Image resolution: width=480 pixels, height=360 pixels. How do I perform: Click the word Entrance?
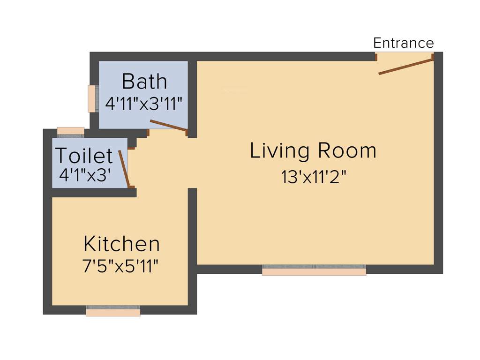pos(403,43)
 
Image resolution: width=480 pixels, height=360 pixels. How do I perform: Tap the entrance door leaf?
pos(405,67)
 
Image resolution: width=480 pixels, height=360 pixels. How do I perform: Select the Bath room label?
pos(144,82)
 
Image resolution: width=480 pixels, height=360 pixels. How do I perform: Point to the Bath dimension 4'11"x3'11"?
pos(143,104)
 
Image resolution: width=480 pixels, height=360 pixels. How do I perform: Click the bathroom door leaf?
pos(168,126)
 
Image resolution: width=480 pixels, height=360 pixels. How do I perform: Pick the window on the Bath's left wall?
pos(92,98)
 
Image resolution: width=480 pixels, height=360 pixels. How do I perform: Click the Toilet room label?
pos(84,156)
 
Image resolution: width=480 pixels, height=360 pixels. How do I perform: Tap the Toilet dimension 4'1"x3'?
pos(85,175)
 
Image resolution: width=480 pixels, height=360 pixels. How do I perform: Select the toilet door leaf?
pos(124,169)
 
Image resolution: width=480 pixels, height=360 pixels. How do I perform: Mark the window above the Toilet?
pos(70,131)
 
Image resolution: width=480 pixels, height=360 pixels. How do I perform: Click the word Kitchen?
pos(121,244)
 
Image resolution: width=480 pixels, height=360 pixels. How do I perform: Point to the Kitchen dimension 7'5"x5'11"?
pos(120,267)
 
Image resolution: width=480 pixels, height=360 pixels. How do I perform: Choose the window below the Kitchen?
pos(113,311)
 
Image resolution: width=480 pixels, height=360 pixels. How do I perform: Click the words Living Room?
pos(313,151)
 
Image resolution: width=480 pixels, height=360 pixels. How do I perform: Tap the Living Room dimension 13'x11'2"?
pos(314,177)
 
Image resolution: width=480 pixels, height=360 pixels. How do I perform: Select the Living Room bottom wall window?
pos(314,270)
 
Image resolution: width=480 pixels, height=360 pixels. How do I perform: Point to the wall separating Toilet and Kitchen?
pos(94,193)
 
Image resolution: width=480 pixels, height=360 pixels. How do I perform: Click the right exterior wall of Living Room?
pos(438,164)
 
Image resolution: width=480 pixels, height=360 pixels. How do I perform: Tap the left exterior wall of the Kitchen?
pos(47,234)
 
